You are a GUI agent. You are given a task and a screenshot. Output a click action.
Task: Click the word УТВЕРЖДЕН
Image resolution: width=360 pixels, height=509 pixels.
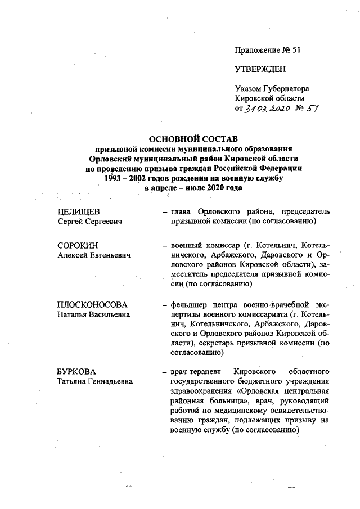pyautogui.click(x=260, y=69)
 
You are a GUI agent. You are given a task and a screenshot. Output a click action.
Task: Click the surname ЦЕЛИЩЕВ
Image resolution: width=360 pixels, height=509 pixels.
pyautogui.click(x=79, y=211)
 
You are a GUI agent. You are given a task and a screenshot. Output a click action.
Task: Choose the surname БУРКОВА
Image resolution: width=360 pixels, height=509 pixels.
pyautogui.click(x=77, y=372)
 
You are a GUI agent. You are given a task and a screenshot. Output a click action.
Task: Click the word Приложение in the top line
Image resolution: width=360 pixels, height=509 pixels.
pyautogui.click(x=258, y=50)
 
